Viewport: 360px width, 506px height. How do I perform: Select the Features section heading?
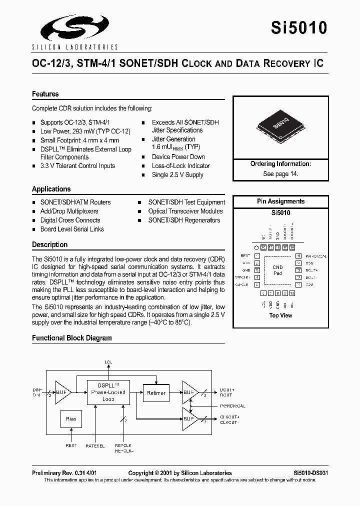pos(45,94)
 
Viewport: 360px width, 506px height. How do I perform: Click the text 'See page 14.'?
pos(280,173)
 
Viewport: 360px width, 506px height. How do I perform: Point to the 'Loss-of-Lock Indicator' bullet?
pos(180,166)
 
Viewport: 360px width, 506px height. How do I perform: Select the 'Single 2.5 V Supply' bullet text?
pos(177,175)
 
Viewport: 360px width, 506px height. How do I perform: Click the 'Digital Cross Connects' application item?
pos(70,220)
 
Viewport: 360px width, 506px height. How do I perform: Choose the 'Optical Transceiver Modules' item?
pos(185,211)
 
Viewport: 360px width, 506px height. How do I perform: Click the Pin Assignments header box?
pos(280,201)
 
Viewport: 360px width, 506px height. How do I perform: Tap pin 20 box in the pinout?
pos(263,247)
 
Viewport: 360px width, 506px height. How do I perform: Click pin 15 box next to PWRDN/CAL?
pos(298,256)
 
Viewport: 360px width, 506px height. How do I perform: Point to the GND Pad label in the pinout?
pos(277,270)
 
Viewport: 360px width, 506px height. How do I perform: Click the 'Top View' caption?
pos(280,315)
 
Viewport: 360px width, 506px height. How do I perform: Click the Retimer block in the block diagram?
pos(156,393)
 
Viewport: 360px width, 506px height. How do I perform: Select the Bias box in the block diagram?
pos(71,419)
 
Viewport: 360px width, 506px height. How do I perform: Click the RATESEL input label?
pos(95,446)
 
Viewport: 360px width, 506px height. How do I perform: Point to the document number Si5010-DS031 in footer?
pos(310,473)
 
